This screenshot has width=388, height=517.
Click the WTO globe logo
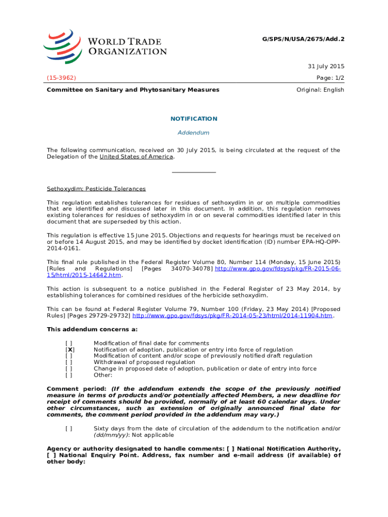(x=62, y=45)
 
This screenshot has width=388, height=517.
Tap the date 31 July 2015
(x=326, y=67)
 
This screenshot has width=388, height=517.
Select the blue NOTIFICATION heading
(x=194, y=119)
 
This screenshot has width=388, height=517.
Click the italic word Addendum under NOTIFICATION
(x=194, y=133)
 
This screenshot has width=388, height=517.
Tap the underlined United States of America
(x=137, y=157)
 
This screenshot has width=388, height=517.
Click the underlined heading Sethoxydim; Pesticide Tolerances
(x=96, y=189)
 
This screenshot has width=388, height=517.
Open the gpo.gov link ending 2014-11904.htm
(x=232, y=316)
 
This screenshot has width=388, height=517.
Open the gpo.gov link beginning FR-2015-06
(x=278, y=269)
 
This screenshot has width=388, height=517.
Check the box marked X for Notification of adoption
(x=70, y=349)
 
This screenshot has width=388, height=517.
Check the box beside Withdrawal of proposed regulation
(x=69, y=362)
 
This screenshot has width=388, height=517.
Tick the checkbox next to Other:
(x=69, y=375)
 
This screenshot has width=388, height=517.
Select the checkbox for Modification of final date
(x=69, y=343)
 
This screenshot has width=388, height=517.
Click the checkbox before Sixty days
(x=69, y=429)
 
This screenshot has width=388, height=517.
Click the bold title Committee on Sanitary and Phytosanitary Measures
(x=133, y=90)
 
